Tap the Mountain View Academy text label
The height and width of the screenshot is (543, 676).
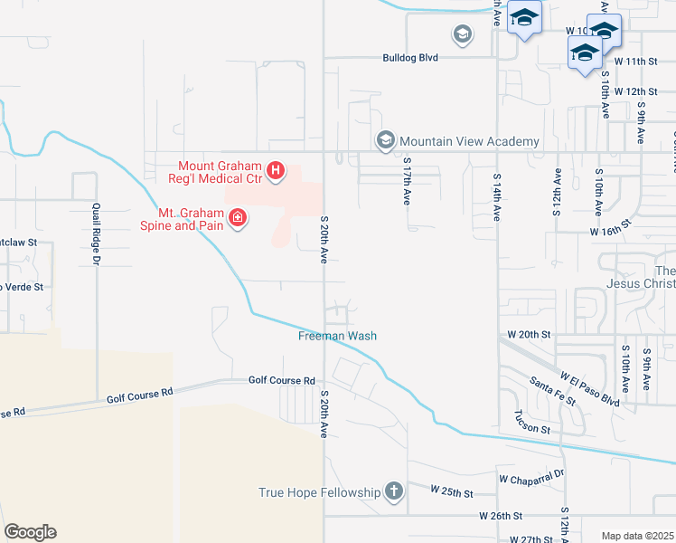(x=469, y=141)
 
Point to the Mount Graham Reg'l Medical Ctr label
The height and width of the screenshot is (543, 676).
(x=219, y=171)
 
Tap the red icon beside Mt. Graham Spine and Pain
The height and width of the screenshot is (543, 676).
(x=238, y=217)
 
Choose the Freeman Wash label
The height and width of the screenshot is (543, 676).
(x=337, y=336)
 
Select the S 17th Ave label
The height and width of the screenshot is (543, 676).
(x=408, y=184)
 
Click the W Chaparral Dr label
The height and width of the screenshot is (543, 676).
(x=531, y=474)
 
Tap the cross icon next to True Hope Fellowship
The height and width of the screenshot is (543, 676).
(x=393, y=492)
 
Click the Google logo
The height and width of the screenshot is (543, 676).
(x=30, y=532)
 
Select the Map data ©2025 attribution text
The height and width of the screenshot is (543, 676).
(x=637, y=536)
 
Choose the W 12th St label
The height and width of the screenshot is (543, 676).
(x=634, y=91)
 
